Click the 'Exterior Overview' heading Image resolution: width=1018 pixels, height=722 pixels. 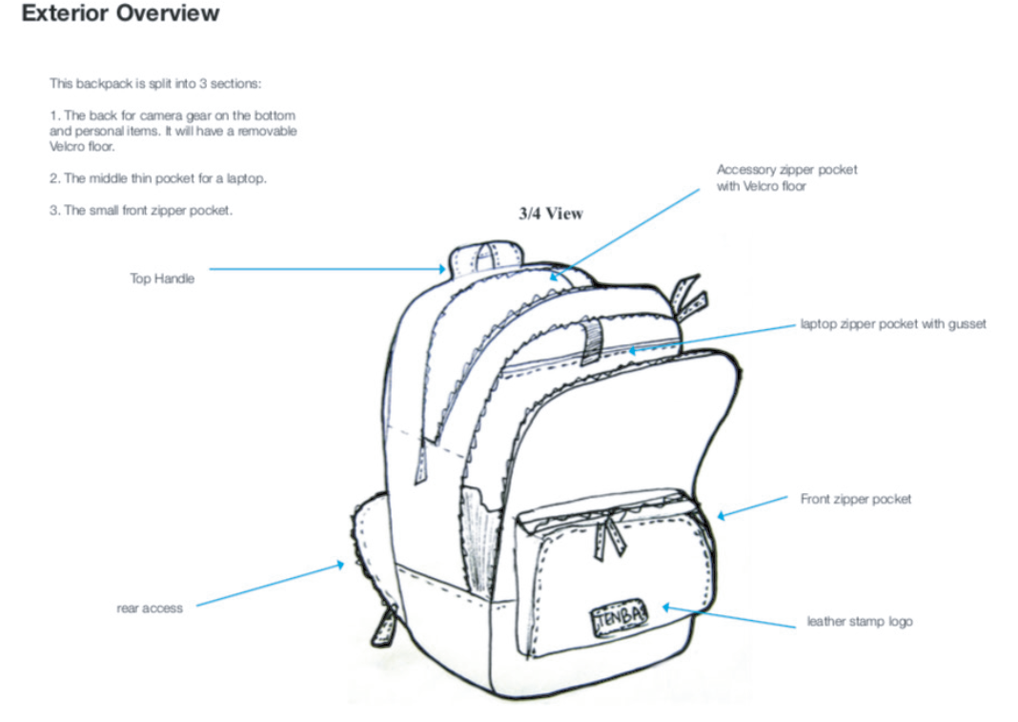(120, 14)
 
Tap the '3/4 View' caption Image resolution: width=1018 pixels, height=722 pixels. (550, 214)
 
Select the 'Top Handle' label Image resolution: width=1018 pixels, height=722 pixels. (162, 278)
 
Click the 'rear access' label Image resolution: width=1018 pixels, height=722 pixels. (150, 609)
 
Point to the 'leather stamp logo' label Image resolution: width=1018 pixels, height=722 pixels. (860, 622)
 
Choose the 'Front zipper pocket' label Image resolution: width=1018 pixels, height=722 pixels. (855, 499)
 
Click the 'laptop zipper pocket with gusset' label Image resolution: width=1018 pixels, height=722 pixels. (893, 324)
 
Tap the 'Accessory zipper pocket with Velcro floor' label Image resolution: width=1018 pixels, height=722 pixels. (786, 177)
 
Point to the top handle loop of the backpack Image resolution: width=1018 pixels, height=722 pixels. (488, 256)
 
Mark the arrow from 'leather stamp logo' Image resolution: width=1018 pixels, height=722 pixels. (728, 616)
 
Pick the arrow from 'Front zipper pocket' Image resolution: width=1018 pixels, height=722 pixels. (752, 507)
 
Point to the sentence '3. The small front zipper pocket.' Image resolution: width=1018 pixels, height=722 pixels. (141, 211)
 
